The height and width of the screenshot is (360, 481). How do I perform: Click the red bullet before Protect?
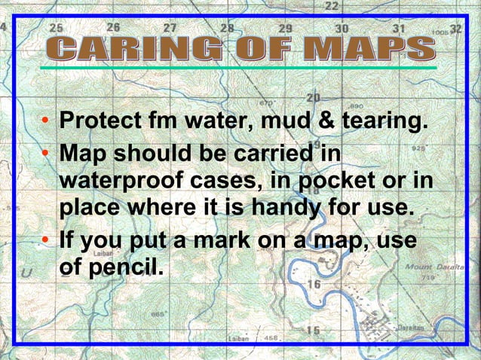pyautogui.click(x=47, y=122)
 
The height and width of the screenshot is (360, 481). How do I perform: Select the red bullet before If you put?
pyautogui.click(x=47, y=241)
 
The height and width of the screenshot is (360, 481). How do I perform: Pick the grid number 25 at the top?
pyautogui.click(x=57, y=27)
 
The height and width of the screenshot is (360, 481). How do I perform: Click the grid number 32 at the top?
pyautogui.click(x=455, y=29)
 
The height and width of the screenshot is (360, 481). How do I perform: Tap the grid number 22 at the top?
pyautogui.click(x=332, y=6)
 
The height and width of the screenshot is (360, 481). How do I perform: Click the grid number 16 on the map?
pyautogui.click(x=314, y=284)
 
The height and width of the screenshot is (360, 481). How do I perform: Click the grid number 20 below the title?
pyautogui.click(x=314, y=98)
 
